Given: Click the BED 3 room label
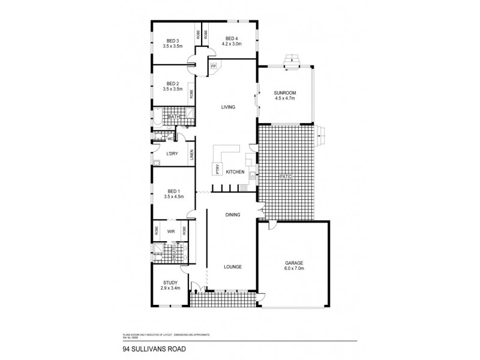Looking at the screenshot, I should (173, 41).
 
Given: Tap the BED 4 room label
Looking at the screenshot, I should (231, 38).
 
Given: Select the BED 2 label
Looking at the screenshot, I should (173, 83).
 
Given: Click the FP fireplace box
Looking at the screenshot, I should (213, 67).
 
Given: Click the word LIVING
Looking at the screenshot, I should (227, 107).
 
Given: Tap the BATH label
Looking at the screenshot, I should (174, 116).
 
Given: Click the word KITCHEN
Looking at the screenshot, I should (235, 173).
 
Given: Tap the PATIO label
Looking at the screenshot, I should (285, 176).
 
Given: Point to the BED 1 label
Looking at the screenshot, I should (173, 191).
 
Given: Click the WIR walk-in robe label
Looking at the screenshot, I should (170, 230).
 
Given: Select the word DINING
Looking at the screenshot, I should (232, 214).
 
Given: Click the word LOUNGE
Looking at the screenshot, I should (232, 266).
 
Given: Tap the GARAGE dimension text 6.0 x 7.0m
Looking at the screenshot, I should (295, 268).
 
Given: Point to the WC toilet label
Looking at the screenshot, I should (170, 139).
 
